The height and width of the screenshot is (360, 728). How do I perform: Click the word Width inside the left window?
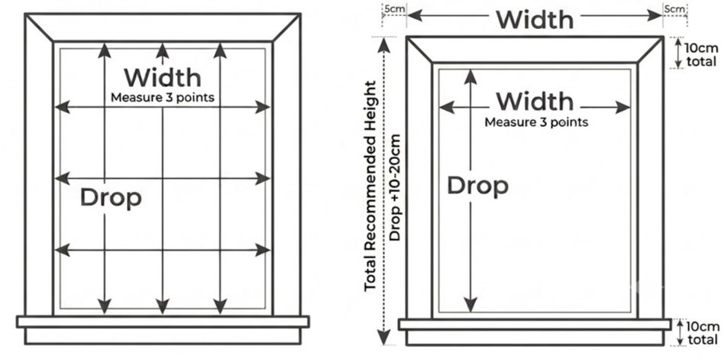point(163,77)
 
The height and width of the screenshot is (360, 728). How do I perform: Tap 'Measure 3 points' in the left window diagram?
point(163,98)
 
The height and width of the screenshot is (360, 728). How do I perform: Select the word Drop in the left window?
point(111,197)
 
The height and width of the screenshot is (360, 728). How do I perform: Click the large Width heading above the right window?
point(535,20)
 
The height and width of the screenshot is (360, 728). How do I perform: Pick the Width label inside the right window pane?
point(535,101)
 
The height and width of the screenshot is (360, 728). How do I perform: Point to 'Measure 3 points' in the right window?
point(536,122)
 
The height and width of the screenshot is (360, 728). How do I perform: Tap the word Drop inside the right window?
point(477,186)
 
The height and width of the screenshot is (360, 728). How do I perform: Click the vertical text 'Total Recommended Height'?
point(370,186)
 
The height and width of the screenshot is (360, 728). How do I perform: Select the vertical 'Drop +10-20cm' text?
point(395,187)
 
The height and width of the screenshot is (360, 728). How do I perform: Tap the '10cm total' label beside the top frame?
point(701,54)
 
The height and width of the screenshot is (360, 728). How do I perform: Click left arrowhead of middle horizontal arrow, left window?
point(62,178)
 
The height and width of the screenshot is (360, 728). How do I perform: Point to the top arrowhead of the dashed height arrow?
point(384,44)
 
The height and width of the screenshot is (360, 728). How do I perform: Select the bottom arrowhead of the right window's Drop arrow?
point(471,305)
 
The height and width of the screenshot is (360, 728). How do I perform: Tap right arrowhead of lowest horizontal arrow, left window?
point(263,250)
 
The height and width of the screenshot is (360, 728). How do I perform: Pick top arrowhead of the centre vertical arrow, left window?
point(163,50)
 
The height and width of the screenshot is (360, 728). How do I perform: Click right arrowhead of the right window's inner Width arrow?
point(623,108)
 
